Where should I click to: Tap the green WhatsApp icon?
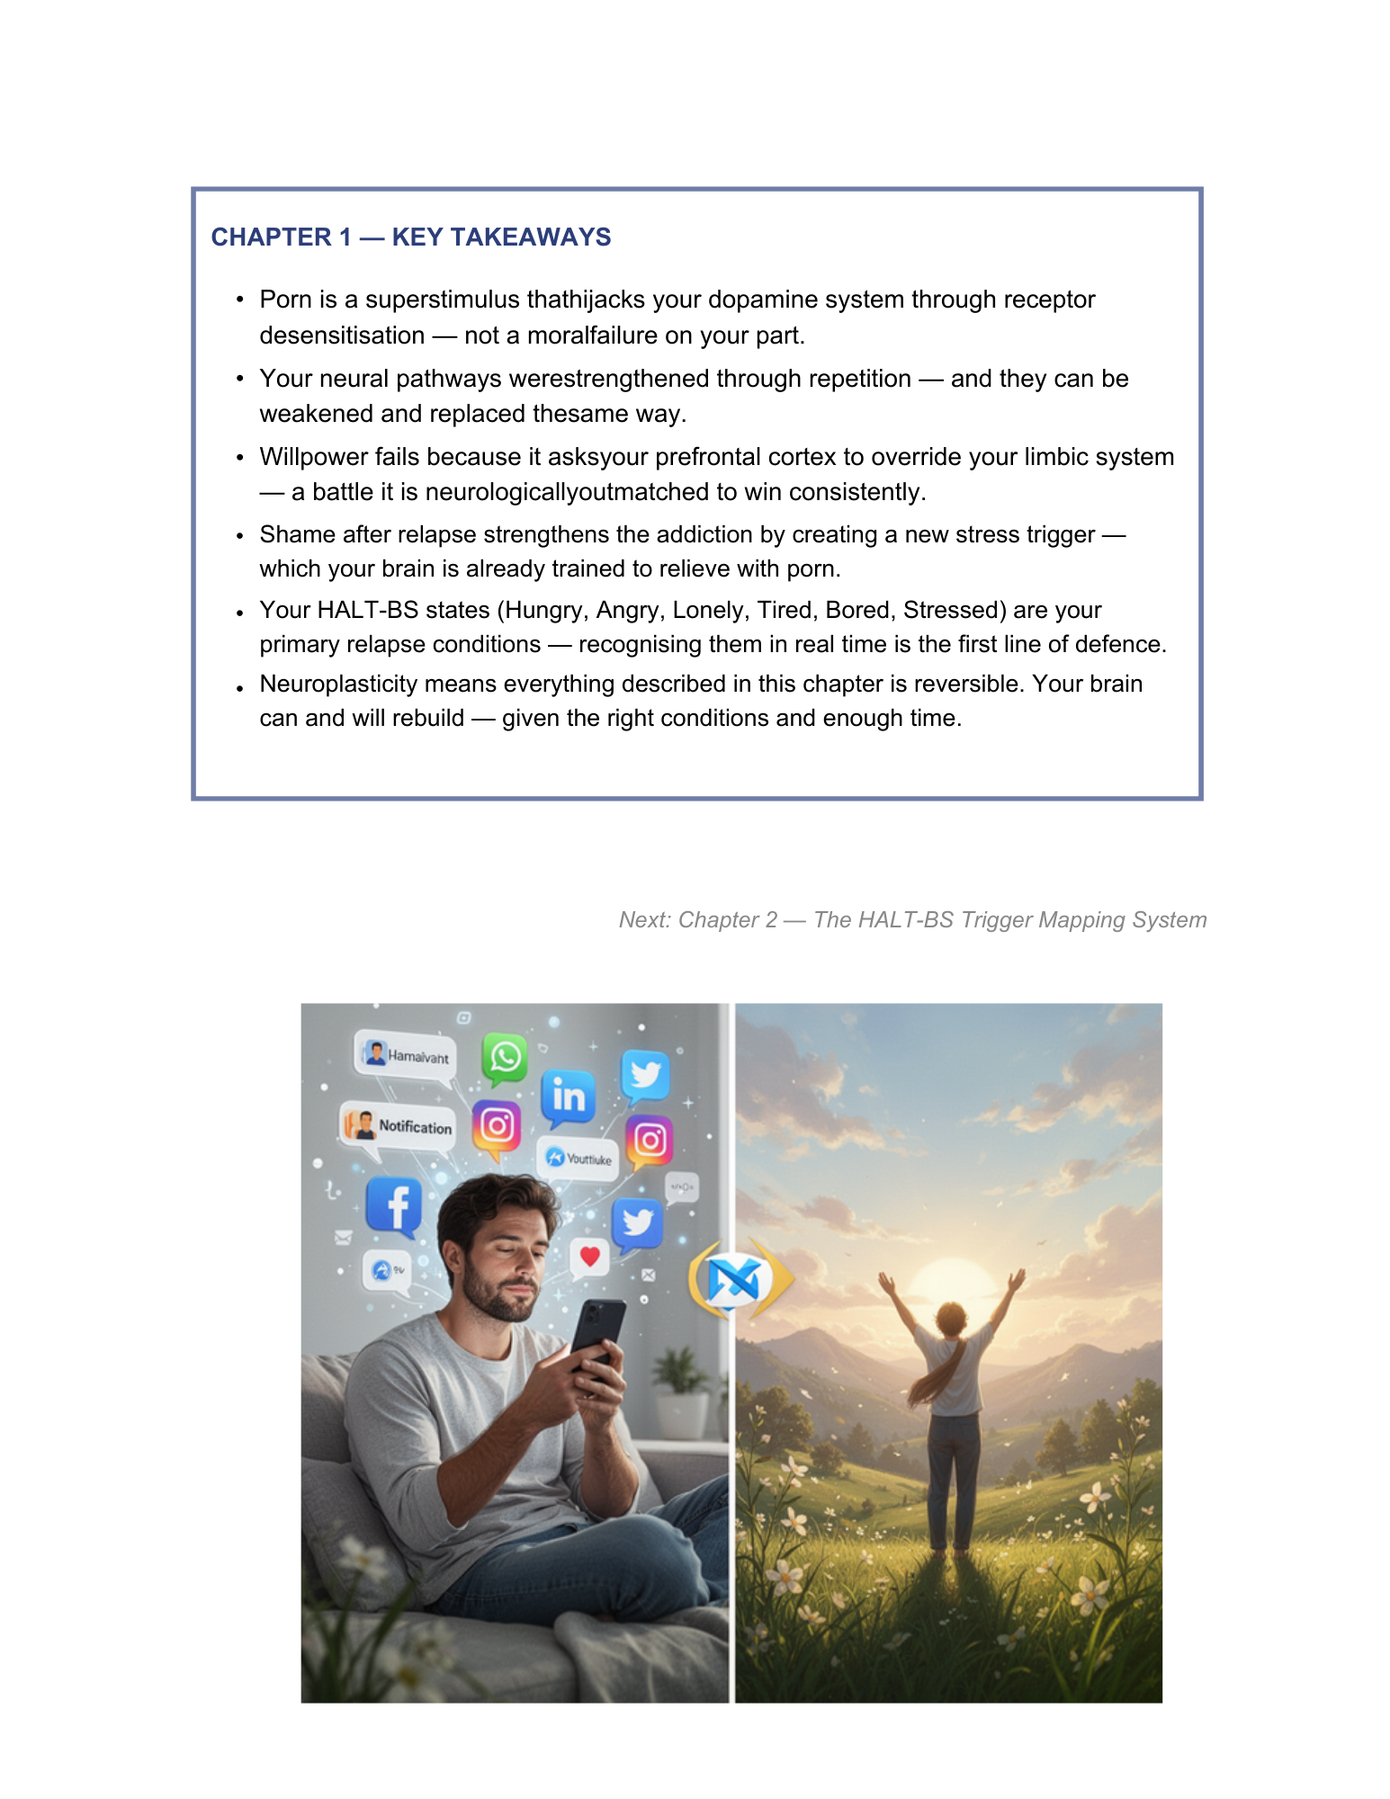coord(505,1057)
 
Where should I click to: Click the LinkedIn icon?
coord(569,1096)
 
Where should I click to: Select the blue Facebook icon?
coord(394,1205)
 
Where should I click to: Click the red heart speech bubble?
coord(589,1257)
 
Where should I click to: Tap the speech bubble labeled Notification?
coord(398,1126)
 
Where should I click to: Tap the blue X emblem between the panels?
coord(733,1279)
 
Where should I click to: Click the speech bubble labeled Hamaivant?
coord(407,1055)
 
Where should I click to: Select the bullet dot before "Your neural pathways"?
coord(239,379)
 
